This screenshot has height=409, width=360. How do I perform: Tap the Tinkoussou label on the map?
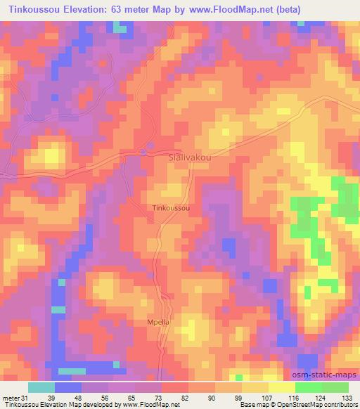pos(172,209)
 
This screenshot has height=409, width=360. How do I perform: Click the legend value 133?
pos(347,398)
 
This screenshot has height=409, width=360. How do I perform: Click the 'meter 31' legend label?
pos(15,398)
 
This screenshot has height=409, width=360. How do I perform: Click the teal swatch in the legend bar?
pos(41,387)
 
